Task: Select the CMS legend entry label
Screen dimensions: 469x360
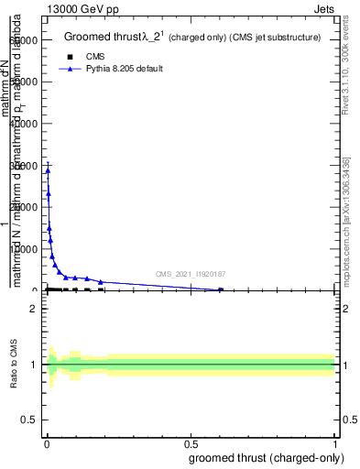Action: coord(95,56)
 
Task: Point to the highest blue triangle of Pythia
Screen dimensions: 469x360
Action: coord(48,169)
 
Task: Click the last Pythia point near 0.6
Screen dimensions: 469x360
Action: coord(221,289)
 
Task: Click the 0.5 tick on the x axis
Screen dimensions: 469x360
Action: coord(191,444)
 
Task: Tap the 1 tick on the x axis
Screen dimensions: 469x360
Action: coord(334,444)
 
